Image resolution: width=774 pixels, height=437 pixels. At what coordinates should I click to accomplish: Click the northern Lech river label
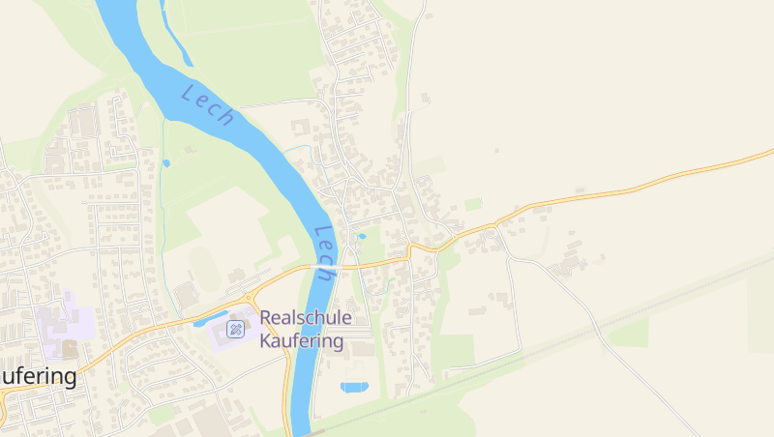pyautogui.click(x=208, y=105)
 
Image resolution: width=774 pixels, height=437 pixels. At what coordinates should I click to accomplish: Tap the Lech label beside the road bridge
pyautogui.click(x=325, y=253)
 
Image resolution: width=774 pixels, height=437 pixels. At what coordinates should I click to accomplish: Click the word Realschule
pyautogui.click(x=306, y=318)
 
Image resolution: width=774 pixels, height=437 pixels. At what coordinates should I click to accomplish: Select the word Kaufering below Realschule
pyautogui.click(x=302, y=341)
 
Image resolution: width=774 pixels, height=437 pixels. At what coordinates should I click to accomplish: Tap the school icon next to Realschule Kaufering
pyautogui.click(x=235, y=331)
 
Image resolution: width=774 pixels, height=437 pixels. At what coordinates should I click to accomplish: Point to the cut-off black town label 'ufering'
pyautogui.click(x=38, y=376)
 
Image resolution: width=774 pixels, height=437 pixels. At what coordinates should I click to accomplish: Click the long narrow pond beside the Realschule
pyautogui.click(x=213, y=316)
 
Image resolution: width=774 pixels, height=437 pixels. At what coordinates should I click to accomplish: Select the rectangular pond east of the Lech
pyautogui.click(x=354, y=387)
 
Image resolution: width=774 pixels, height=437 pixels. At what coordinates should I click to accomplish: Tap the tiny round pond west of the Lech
pyautogui.click(x=165, y=163)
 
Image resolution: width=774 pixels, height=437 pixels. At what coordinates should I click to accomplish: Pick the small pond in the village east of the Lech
pyautogui.click(x=363, y=235)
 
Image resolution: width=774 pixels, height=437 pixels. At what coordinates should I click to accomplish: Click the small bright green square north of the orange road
pyautogui.click(x=473, y=204)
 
